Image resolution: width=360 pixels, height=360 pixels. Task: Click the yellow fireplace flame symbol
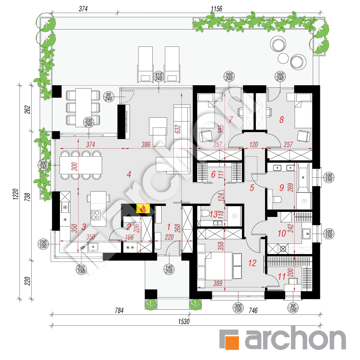(143, 209)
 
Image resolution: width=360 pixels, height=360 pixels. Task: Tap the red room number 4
(129, 174)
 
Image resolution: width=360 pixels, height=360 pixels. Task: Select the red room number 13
(214, 214)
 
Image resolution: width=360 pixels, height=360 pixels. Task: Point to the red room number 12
(252, 263)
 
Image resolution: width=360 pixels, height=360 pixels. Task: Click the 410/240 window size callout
(159, 77)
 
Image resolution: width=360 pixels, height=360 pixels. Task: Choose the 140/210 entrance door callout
(169, 269)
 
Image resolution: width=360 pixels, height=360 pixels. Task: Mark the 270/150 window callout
(81, 269)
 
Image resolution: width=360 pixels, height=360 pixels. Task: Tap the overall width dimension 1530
(184, 322)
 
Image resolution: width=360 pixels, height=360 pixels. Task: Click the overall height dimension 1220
(15, 194)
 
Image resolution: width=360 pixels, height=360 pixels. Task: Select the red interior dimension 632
(178, 129)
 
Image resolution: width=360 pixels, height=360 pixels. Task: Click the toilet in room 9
(277, 199)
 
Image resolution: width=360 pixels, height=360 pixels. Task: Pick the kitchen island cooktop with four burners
(95, 215)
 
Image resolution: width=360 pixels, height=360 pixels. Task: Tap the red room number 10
(282, 233)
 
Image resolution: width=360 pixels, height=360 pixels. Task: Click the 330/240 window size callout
(89, 122)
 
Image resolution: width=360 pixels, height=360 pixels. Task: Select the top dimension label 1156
(217, 9)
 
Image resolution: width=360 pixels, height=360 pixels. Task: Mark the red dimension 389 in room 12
(218, 283)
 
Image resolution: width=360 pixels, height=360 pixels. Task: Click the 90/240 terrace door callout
(108, 97)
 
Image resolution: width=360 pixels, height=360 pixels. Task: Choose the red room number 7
(230, 119)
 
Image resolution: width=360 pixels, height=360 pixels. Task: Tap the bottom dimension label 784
(119, 311)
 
